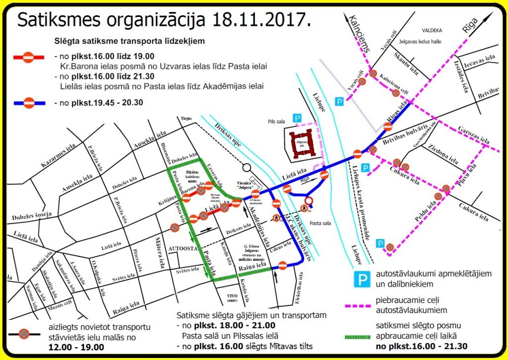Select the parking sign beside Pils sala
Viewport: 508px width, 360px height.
[297, 118]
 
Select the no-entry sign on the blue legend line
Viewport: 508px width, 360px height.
[29, 103]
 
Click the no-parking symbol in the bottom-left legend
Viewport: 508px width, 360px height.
[24, 335]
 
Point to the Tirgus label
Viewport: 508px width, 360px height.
[186, 119]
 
